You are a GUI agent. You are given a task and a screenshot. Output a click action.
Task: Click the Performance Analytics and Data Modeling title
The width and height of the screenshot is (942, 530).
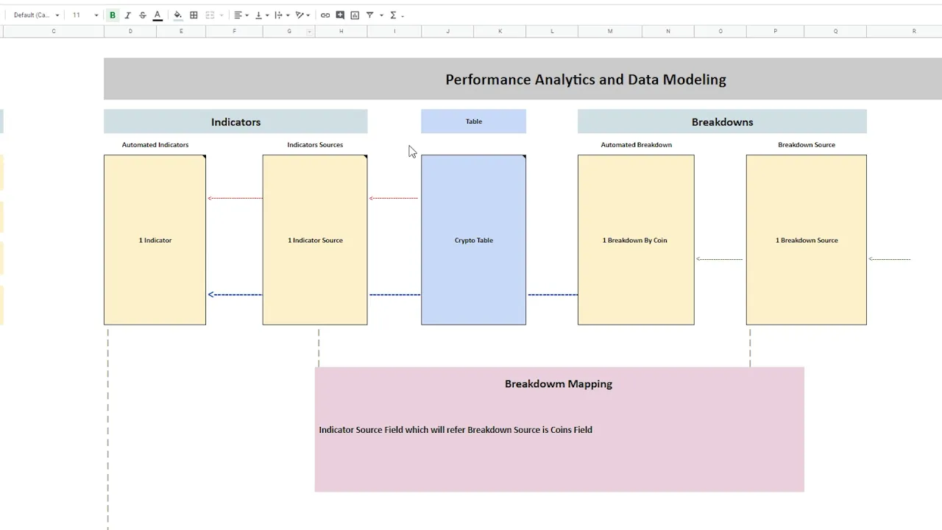[585, 79]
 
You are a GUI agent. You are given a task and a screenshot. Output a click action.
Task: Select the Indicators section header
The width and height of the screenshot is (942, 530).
[235, 122]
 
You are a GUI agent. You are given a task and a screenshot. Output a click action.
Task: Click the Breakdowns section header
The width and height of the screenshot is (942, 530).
[722, 122]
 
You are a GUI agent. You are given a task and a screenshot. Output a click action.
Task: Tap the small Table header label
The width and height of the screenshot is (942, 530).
[473, 121]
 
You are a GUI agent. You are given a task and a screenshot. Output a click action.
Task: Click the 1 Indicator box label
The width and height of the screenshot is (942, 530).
[155, 240]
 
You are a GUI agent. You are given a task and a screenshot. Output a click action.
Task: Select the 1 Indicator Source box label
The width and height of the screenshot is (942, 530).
[315, 240]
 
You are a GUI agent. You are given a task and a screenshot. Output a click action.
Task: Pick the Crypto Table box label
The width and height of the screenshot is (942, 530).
[473, 240]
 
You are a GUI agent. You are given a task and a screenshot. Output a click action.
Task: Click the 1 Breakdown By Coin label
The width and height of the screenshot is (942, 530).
[634, 240]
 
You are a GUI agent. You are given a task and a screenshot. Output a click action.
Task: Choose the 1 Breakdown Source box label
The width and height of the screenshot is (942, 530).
[806, 240]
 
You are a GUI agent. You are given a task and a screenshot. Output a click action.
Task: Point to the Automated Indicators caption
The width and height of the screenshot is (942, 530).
[155, 145]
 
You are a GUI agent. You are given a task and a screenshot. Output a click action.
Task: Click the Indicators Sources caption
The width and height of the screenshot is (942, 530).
[315, 145]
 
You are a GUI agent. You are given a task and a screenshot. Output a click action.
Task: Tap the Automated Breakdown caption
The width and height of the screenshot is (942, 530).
[636, 145]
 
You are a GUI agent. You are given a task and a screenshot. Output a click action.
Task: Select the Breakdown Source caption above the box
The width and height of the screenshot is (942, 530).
[806, 145]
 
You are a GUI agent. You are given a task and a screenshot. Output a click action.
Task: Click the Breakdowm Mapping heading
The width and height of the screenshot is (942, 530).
[558, 384]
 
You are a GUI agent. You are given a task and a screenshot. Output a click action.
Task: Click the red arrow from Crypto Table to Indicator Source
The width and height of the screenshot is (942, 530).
[394, 198]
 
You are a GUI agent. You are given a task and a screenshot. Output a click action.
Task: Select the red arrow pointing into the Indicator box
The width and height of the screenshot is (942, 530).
[235, 198]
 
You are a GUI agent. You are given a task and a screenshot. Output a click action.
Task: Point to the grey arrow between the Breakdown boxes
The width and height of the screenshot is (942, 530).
[719, 259]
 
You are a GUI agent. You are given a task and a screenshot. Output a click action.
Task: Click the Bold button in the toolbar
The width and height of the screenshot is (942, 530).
[113, 15]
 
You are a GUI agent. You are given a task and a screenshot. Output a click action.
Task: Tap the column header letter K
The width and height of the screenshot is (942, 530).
[500, 31]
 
